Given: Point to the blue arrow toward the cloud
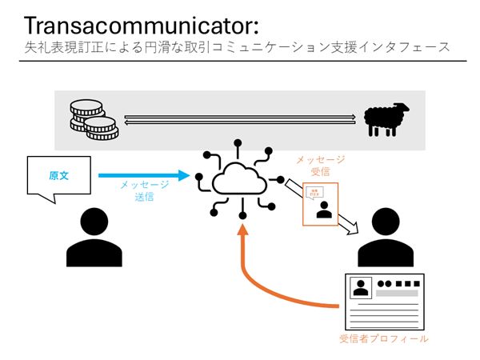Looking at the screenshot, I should point(144,174).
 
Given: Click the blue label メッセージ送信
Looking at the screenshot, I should point(144,190).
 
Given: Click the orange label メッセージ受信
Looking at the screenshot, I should point(319,166).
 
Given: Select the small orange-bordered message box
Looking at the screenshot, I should point(320,205).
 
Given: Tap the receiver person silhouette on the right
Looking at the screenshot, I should point(386,238).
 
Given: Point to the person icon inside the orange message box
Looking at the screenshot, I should point(324,210).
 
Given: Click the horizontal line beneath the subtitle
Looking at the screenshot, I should point(240,61).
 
